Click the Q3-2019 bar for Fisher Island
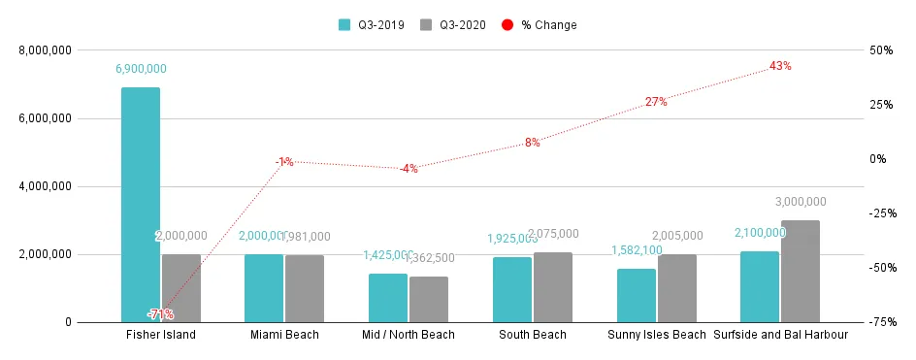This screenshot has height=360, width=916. tap(141, 204)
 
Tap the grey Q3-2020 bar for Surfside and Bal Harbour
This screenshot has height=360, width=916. tap(801, 271)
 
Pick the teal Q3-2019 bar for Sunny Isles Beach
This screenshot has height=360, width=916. tap(637, 295)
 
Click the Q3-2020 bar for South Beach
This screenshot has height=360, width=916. tap(553, 287)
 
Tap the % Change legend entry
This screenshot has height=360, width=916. tap(540, 24)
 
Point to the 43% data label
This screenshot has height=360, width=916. tap(780, 66)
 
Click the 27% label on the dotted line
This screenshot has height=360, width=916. tap(656, 102)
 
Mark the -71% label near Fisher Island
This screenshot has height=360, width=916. tap(160, 314)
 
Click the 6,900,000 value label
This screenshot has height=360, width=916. tap(141, 69)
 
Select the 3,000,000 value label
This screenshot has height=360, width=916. tap(801, 202)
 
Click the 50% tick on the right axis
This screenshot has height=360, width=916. tap(882, 50)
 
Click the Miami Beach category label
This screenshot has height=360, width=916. tap(284, 336)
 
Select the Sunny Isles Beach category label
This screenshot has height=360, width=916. tap(657, 336)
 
